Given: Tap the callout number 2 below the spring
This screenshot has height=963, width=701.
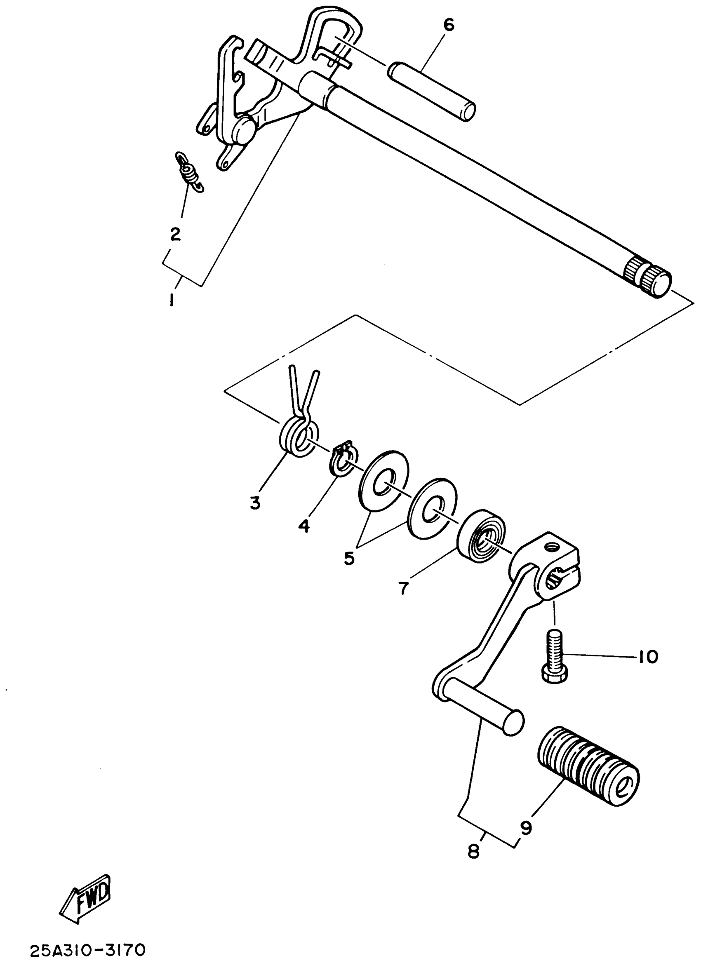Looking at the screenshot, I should (x=175, y=233).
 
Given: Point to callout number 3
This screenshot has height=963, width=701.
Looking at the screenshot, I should (x=255, y=503).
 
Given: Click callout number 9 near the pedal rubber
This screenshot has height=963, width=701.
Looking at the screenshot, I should (x=526, y=827).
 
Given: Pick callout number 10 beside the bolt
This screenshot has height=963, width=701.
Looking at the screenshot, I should (x=647, y=657).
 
